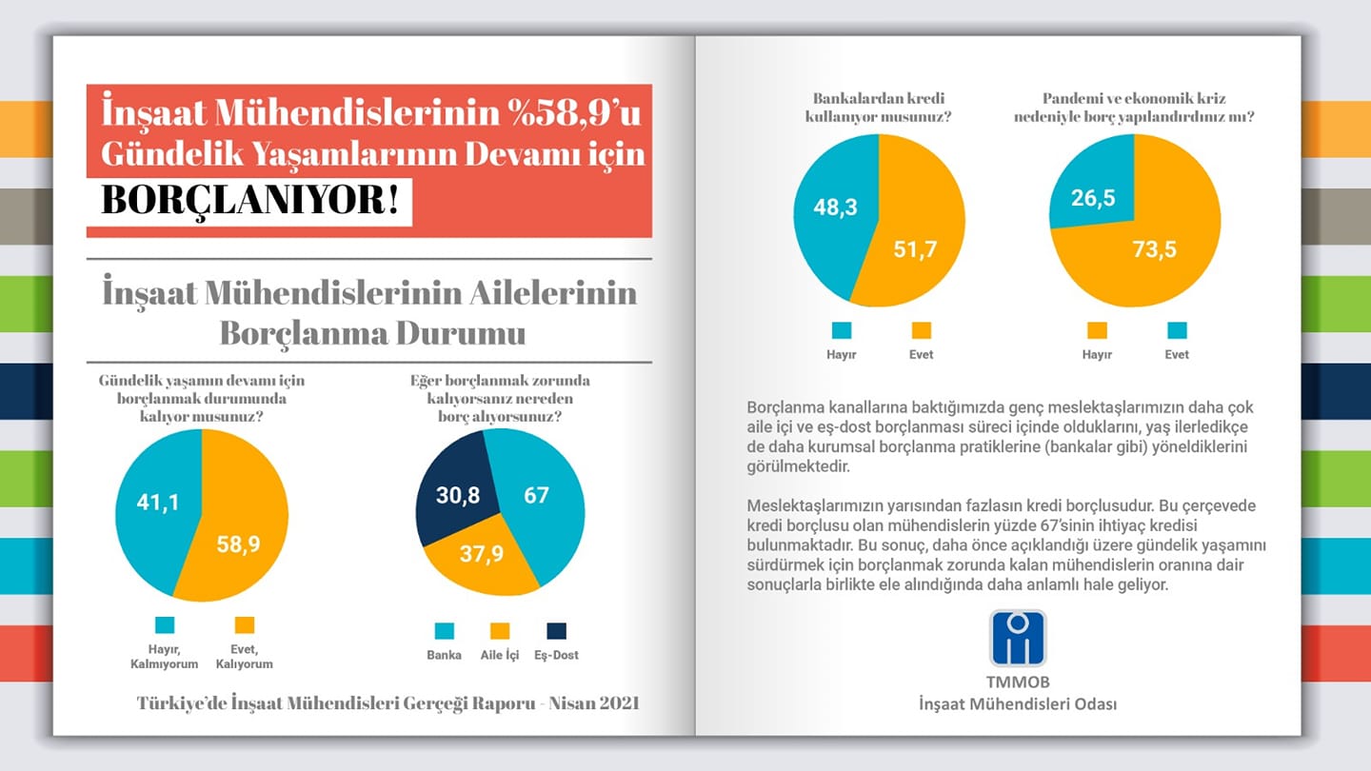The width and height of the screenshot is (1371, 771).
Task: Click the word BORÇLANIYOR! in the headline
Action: click(249, 200)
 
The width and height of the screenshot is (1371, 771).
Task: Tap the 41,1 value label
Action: click(158, 503)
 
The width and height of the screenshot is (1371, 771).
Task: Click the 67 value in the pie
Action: click(536, 495)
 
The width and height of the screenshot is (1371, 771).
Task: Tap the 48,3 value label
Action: click(836, 208)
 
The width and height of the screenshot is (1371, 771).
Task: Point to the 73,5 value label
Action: click(1154, 249)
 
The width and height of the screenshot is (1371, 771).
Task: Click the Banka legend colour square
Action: click(445, 631)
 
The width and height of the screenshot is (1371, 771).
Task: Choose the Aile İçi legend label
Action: click(500, 655)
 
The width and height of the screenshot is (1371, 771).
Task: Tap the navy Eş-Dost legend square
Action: click(556, 631)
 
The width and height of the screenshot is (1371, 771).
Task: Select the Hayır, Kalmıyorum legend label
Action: click(164, 657)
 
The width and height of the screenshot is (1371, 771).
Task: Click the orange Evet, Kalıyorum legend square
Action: click(244, 625)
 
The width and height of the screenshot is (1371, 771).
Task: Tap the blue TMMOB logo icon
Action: click(1018, 638)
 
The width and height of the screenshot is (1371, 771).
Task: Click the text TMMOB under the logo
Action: click(1018, 682)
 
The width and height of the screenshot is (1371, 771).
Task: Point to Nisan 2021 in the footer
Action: click(594, 703)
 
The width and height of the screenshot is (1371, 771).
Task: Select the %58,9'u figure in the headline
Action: click(574, 112)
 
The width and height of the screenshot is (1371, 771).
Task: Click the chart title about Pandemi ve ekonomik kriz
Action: click(1134, 107)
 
